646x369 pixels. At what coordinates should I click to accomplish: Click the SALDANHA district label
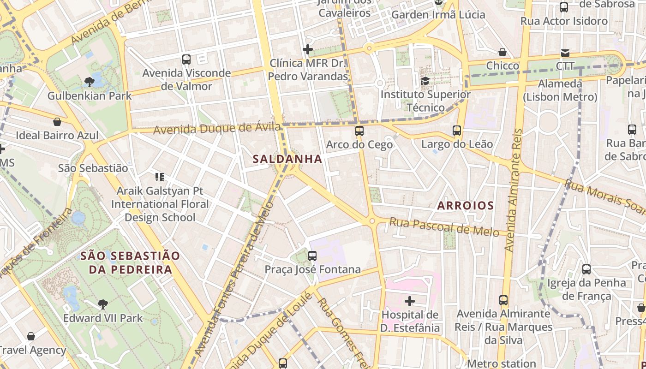[x=287, y=159]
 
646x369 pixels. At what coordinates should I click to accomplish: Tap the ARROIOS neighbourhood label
[x=465, y=206]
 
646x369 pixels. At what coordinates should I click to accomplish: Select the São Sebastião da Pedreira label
[x=130, y=262]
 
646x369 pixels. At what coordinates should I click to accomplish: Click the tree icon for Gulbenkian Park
[x=90, y=82]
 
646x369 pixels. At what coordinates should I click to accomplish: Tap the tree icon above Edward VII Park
[x=103, y=304]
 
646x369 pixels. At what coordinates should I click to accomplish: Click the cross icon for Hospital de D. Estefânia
[x=409, y=302]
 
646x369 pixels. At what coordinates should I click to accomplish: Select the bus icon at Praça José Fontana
[x=312, y=256]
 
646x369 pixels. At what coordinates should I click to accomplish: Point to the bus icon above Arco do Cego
[x=359, y=131]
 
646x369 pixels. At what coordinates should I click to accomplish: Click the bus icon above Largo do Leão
[x=457, y=131]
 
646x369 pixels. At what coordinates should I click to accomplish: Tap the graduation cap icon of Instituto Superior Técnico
[x=425, y=81]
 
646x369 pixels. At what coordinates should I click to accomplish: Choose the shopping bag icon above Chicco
[x=502, y=52]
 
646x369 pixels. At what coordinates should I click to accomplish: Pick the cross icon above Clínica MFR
[x=308, y=49]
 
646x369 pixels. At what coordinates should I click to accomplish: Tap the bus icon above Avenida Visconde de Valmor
[x=186, y=59]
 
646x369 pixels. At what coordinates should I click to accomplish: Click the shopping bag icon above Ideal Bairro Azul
[x=57, y=122]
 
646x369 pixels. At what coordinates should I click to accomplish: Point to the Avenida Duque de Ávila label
[x=217, y=129]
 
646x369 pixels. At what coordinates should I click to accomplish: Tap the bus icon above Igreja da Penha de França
[x=586, y=269]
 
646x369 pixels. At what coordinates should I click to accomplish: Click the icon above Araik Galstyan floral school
[x=160, y=177]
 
